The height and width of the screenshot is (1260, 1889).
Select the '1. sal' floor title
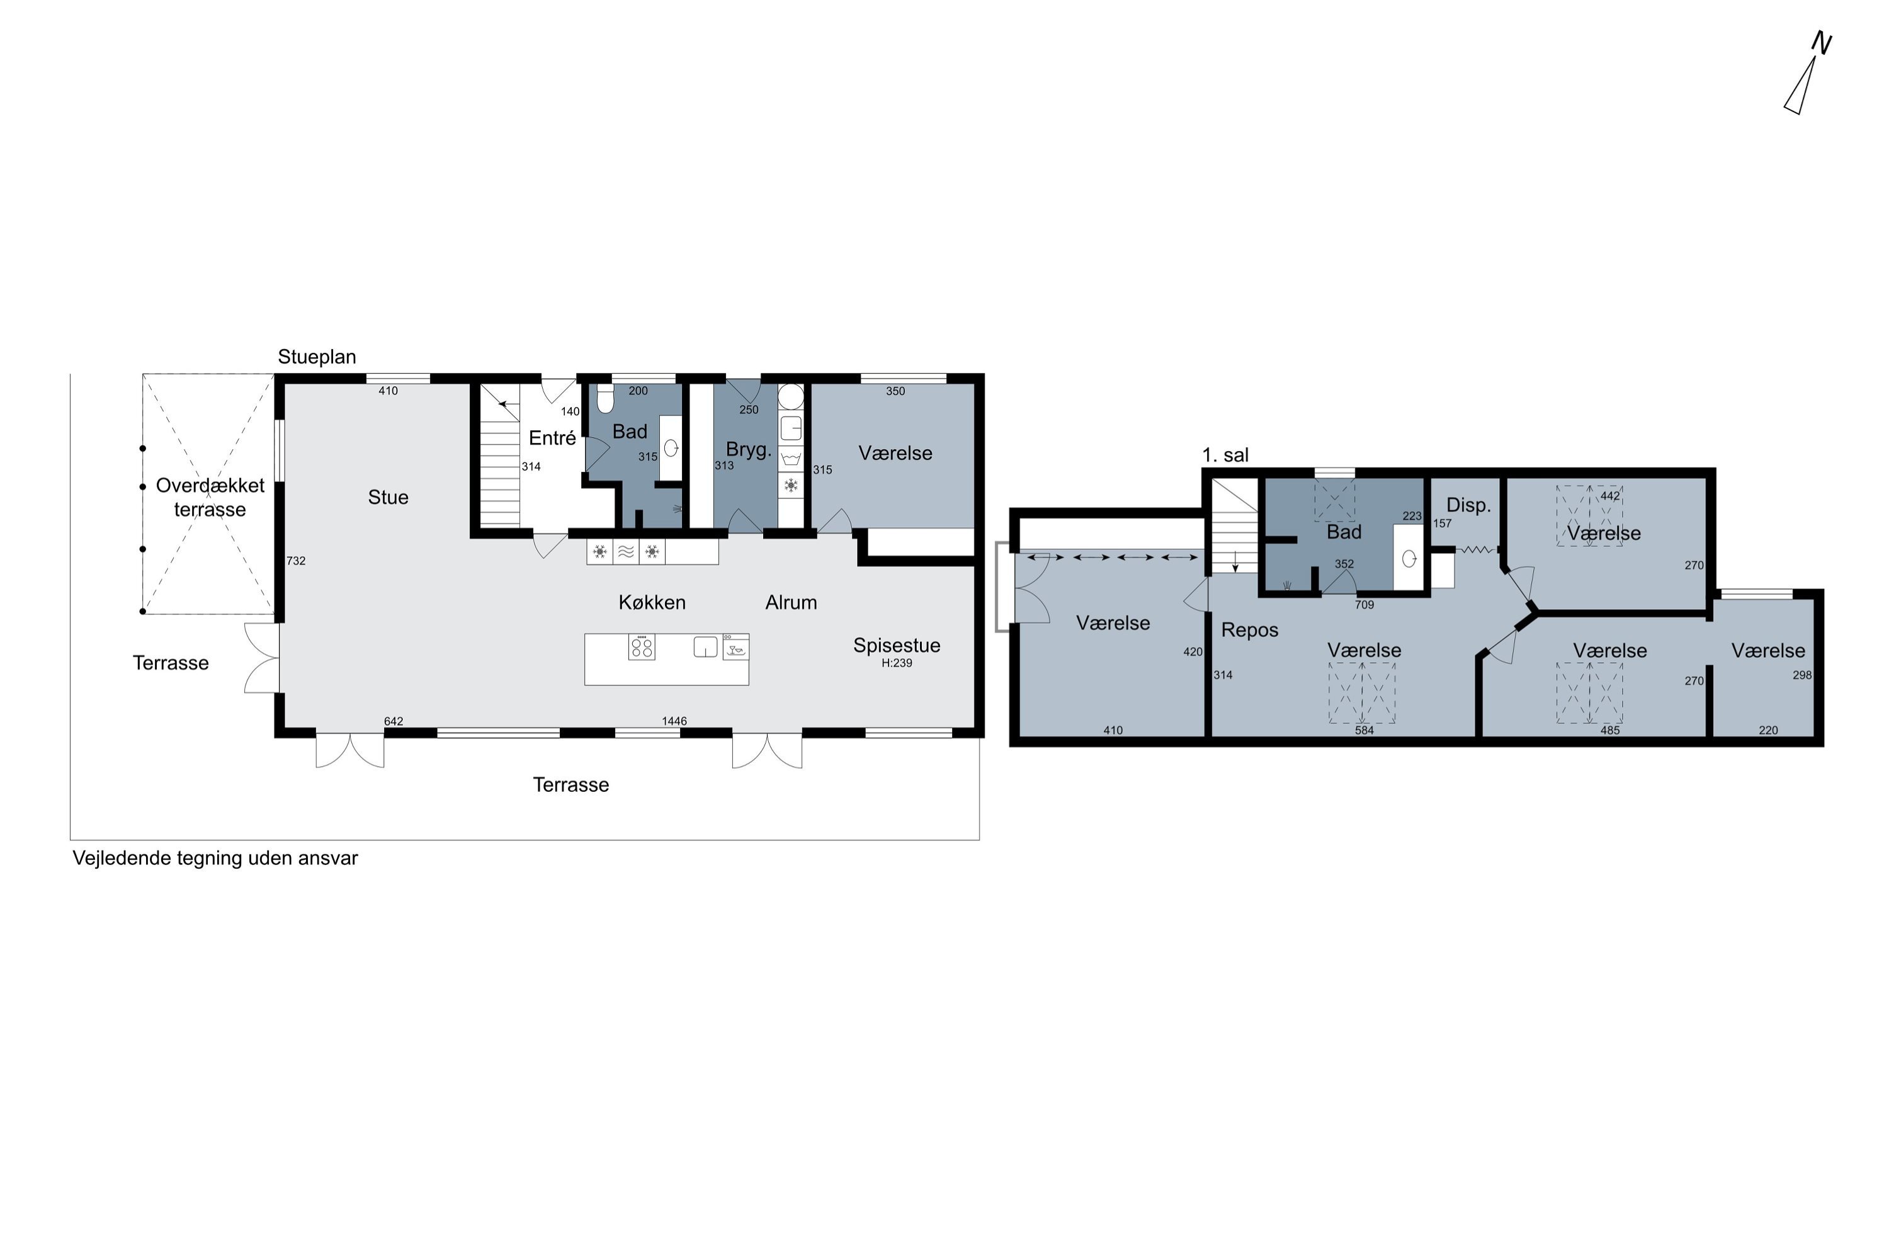click(x=1225, y=455)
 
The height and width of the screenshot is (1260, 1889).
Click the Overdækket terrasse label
click(x=210, y=498)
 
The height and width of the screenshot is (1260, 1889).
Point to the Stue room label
click(x=388, y=498)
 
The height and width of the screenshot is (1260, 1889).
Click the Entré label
click(x=553, y=438)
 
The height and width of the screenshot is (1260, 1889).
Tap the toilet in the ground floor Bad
click(x=606, y=398)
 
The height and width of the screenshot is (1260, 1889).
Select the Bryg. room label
click(x=749, y=450)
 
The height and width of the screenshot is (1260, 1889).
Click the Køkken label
click(x=652, y=603)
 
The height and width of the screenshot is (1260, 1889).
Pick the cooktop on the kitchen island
click(x=642, y=647)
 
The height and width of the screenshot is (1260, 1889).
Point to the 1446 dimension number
click(x=674, y=721)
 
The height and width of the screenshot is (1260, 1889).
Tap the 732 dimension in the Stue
click(x=297, y=561)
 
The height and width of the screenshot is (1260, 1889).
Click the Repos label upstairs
click(x=1250, y=630)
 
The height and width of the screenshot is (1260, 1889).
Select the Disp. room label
click(x=1469, y=505)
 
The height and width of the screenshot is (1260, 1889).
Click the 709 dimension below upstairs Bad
click(x=1364, y=605)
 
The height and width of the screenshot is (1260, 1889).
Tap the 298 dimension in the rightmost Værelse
click(x=1802, y=675)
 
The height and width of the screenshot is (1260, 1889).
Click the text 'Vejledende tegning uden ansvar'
click(x=215, y=858)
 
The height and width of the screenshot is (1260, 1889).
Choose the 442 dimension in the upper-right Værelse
click(x=1610, y=496)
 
